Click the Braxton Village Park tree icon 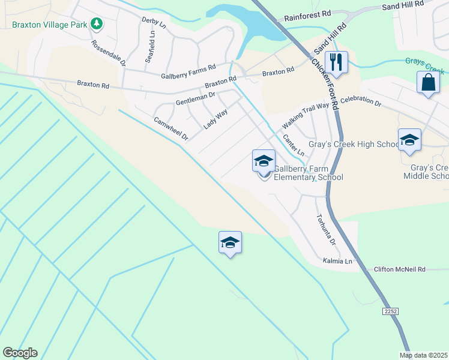pyautogui.click(x=96, y=25)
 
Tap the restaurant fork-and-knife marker pyautogui.click(x=336, y=62)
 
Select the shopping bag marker pyautogui.click(x=428, y=82)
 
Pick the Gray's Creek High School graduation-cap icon pyautogui.click(x=409, y=140)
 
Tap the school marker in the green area pyautogui.click(x=230, y=242)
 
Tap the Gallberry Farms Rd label pyautogui.click(x=188, y=72)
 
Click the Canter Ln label pyautogui.click(x=294, y=145)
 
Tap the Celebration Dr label pyautogui.click(x=361, y=101)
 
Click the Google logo pyautogui.click(x=20, y=353)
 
